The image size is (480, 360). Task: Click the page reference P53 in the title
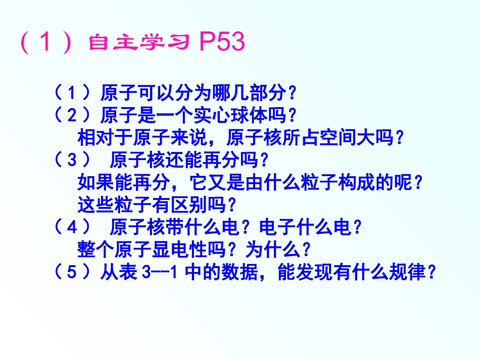[222, 43]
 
